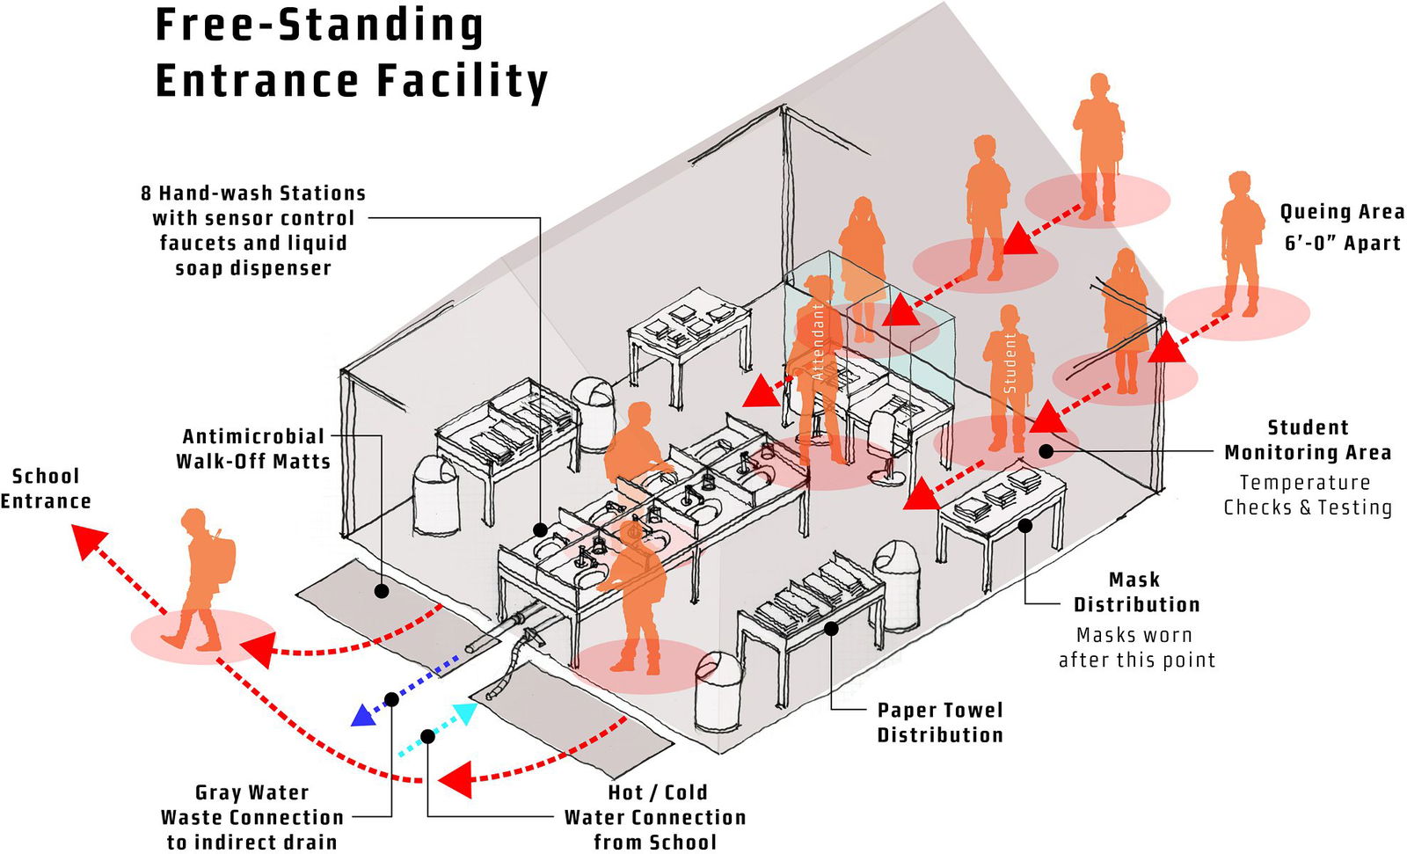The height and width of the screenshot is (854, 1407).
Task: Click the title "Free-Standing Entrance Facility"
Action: (351, 53)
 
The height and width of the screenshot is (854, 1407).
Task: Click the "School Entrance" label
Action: (46, 488)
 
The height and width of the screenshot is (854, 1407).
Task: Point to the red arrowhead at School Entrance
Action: (88, 541)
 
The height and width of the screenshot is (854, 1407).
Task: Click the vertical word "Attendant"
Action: (818, 342)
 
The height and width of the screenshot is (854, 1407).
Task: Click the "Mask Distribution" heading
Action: (1135, 592)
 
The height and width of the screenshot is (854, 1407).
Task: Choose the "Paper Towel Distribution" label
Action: (940, 722)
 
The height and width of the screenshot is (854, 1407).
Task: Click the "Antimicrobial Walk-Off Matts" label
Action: (253, 449)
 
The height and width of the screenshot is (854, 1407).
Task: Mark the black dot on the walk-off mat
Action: (382, 591)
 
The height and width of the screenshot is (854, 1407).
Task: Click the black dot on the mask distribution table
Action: (1024, 525)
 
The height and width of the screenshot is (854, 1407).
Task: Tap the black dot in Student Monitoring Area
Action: (1046, 451)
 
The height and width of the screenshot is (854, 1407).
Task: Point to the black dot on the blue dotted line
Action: (392, 699)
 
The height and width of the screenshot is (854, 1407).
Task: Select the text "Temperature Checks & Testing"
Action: (1307, 494)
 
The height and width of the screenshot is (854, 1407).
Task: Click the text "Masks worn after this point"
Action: (1136, 647)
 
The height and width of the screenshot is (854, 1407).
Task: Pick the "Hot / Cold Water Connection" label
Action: (655, 817)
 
